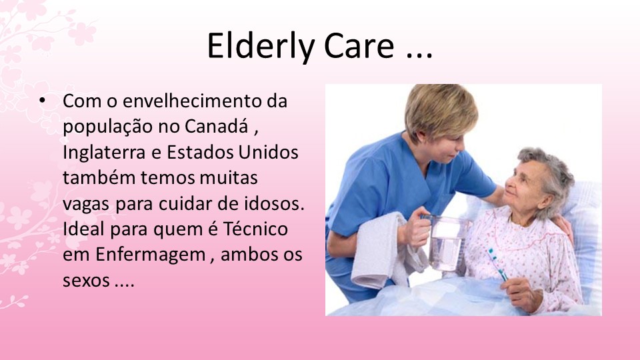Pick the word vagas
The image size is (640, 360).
click(x=87, y=204)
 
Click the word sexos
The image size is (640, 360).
click(x=85, y=281)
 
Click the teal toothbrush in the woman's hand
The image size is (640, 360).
click(x=497, y=263)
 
